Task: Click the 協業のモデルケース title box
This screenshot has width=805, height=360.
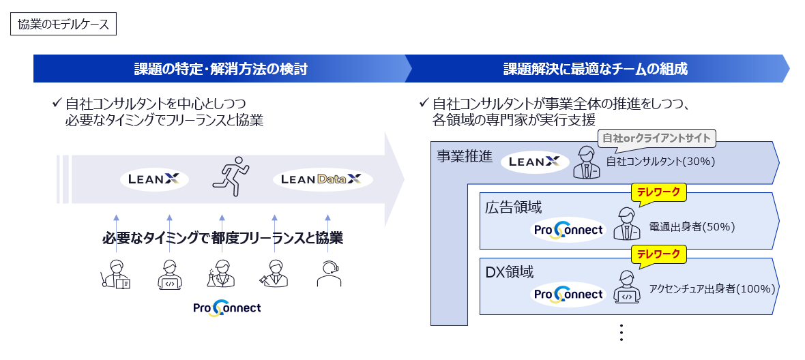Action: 63,25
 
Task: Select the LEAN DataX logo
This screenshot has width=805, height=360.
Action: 322,179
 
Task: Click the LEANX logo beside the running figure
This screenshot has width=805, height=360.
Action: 154,179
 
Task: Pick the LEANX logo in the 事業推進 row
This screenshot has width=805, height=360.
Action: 534,162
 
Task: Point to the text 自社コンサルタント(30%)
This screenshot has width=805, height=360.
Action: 660,162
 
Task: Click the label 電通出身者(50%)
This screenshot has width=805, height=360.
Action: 692,227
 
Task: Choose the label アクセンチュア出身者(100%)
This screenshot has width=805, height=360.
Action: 712,288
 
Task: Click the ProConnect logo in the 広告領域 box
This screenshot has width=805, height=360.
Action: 568,230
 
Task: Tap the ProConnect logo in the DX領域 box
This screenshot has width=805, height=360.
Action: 568,294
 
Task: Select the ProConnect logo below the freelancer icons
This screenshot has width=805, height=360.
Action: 226,308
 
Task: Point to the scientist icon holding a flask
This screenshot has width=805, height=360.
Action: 222,274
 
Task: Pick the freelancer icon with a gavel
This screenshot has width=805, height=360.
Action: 274,274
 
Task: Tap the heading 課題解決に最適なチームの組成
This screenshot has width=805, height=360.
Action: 595,69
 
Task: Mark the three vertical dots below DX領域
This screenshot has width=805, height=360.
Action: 621,333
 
